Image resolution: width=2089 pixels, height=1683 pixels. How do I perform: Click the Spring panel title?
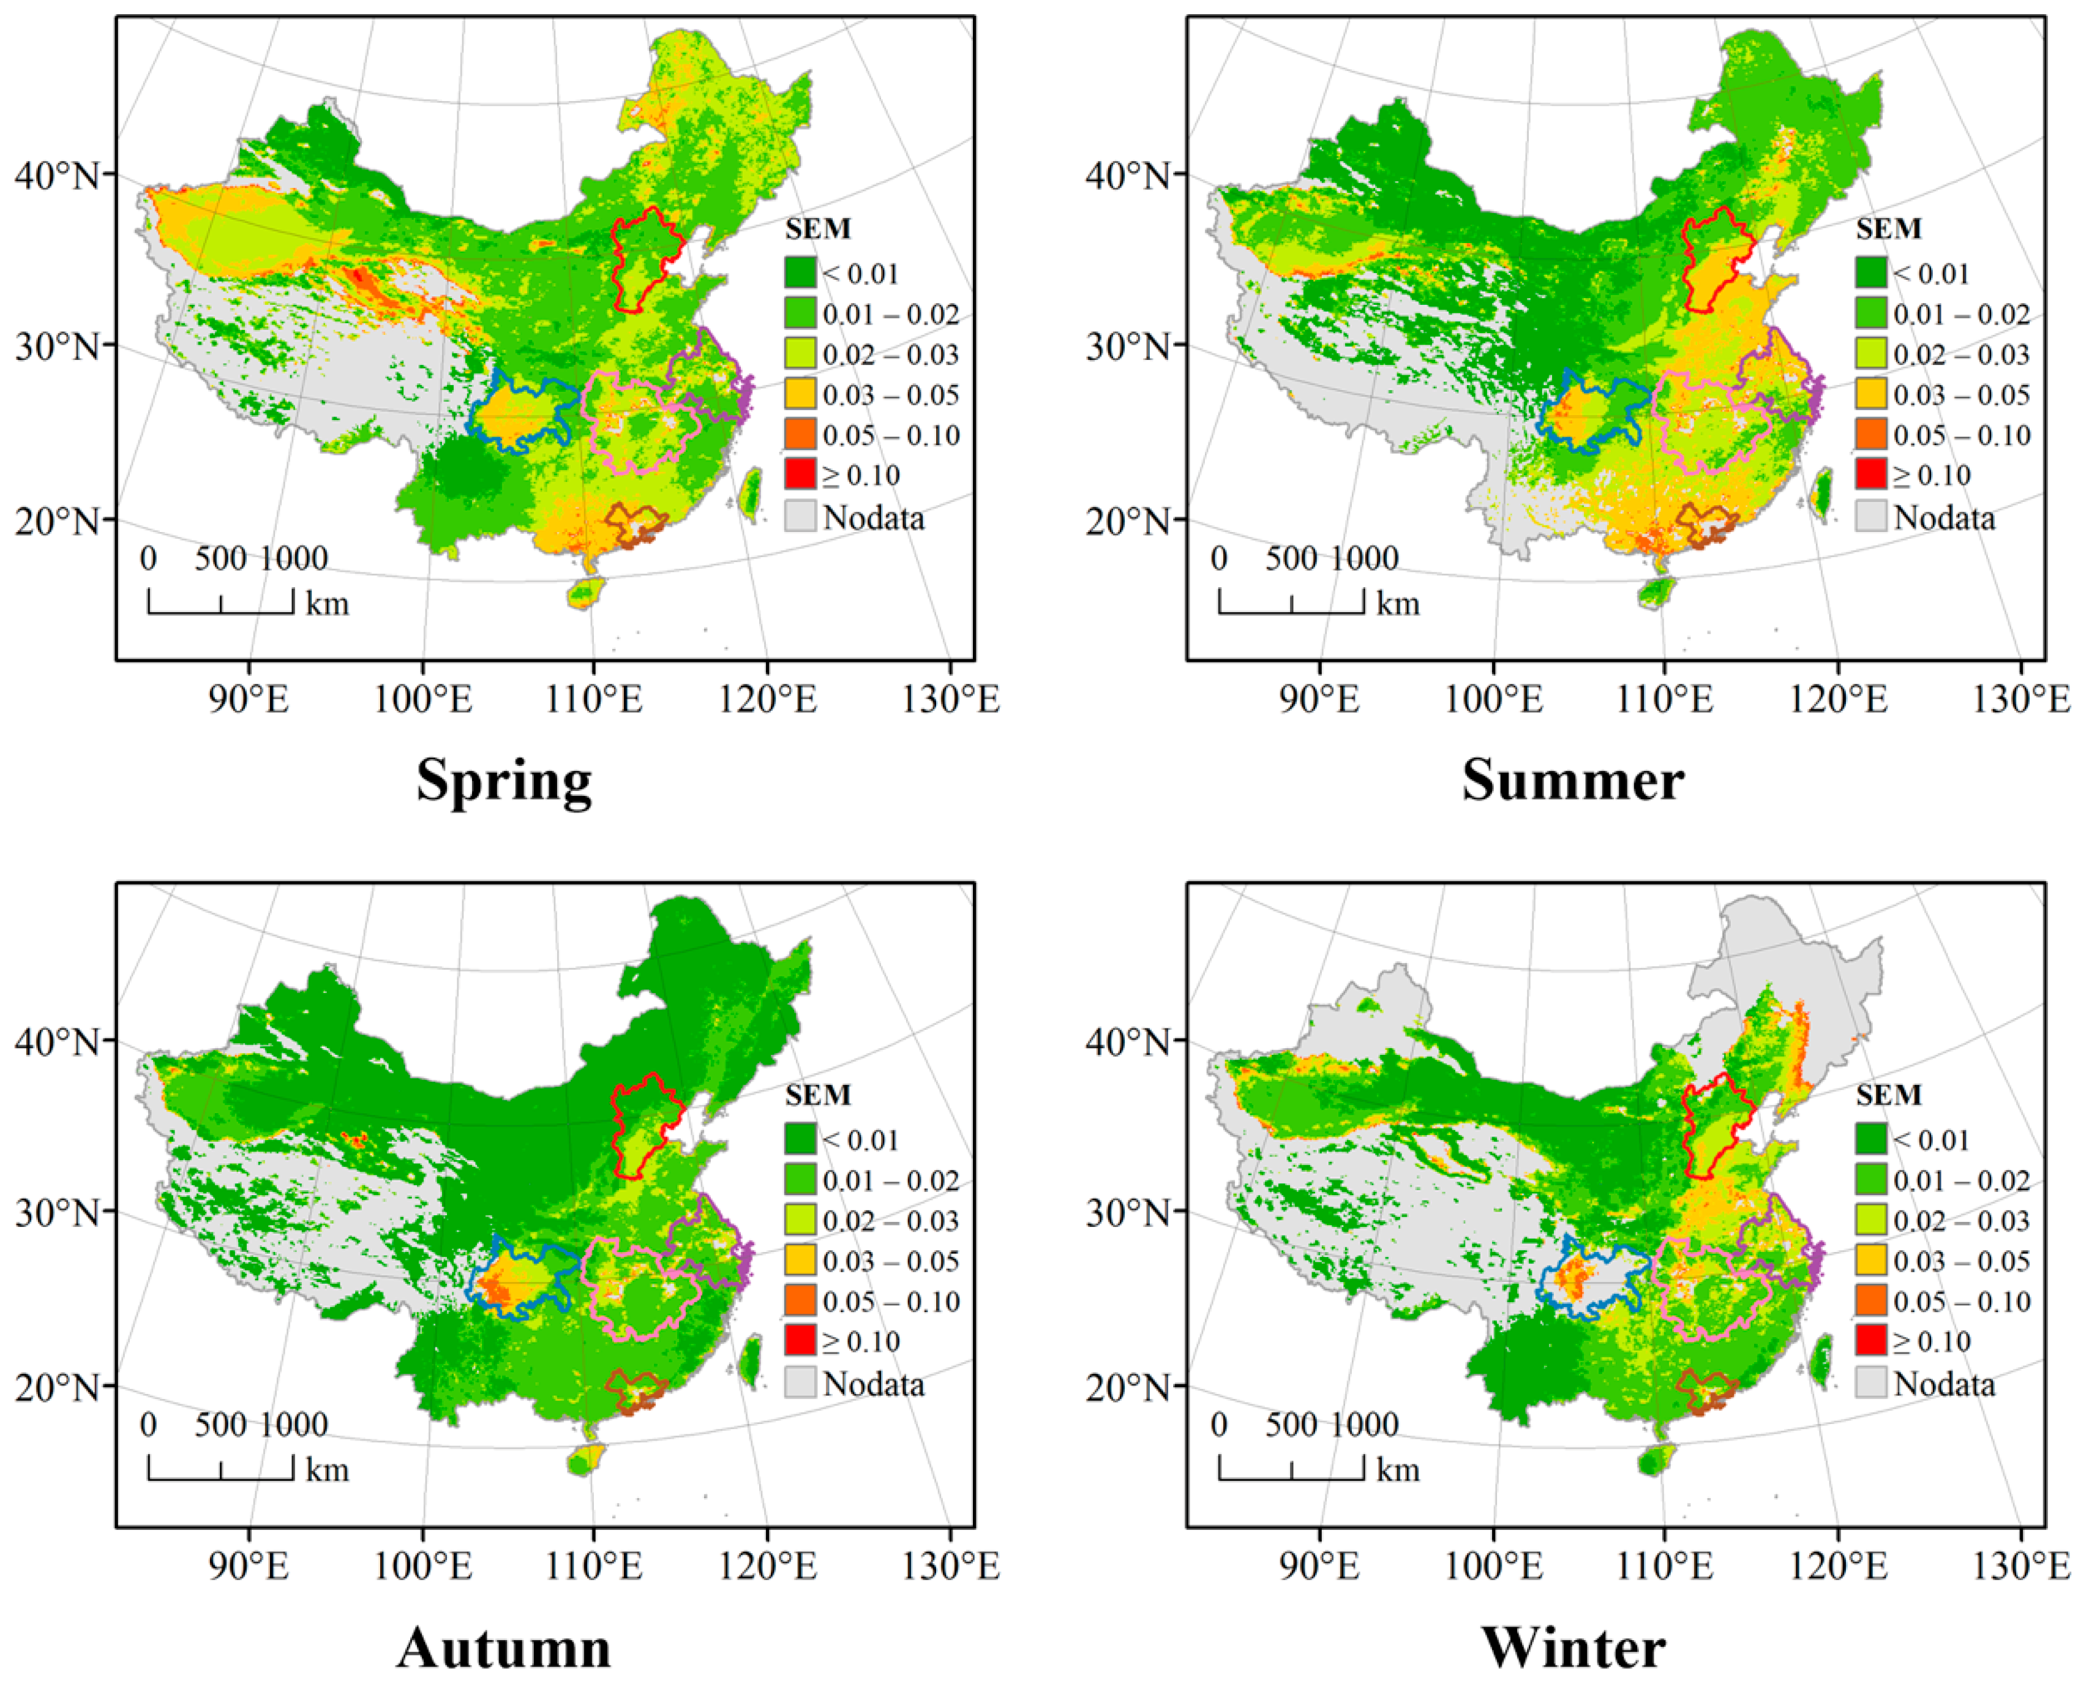click(x=503, y=781)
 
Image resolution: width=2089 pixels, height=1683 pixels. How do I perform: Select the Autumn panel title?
click(x=503, y=1647)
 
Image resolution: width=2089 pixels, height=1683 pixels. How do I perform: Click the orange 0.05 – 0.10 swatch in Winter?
click(x=1871, y=1301)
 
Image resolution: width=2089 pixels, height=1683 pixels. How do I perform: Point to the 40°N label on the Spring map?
click(x=56, y=176)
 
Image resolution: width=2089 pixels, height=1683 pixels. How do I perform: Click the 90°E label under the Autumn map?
click(x=250, y=1565)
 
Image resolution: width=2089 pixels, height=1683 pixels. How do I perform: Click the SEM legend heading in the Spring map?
click(x=817, y=230)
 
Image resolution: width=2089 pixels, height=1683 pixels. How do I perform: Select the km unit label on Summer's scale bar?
click(x=1397, y=604)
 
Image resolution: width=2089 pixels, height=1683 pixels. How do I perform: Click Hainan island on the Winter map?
click(x=1656, y=1459)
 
